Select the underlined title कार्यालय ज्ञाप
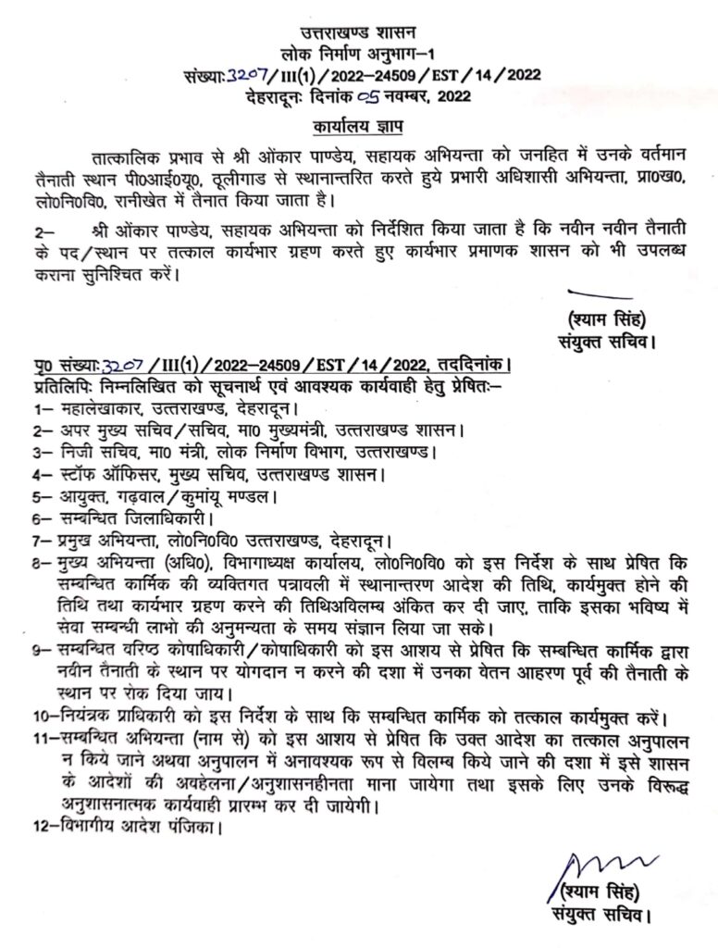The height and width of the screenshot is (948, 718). pyautogui.click(x=358, y=123)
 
